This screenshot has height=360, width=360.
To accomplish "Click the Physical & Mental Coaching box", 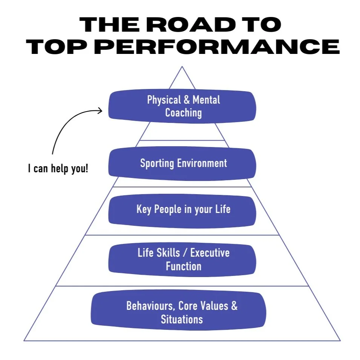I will point(182,106).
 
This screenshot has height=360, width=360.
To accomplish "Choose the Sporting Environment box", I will point(182,163).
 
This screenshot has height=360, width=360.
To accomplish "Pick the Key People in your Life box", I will point(182,209).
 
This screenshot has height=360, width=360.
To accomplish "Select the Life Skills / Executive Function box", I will point(182,259).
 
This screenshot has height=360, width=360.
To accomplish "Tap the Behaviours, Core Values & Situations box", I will point(179,312).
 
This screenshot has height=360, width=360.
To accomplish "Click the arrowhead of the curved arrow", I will point(101,110).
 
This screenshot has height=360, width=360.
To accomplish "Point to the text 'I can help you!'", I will point(58,168).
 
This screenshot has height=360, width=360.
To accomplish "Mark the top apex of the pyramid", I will point(182,67).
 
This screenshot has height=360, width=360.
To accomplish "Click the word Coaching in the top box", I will point(184,113).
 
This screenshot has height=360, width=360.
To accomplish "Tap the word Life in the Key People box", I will point(222,209).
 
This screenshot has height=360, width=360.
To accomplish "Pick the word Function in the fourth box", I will point(184,266).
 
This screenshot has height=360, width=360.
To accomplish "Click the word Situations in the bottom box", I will point(182,319).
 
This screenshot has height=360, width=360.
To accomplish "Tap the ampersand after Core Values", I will point(234,305).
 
